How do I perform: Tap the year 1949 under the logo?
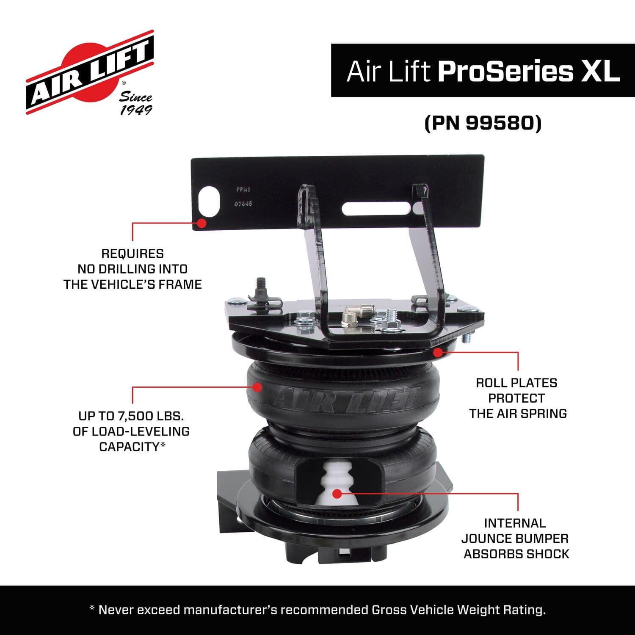tap(136, 110)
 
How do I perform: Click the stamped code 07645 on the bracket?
tap(243, 204)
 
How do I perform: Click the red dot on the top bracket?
tap(202, 223)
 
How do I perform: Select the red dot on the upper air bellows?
tap(257, 387)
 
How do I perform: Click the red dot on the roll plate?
tap(438, 352)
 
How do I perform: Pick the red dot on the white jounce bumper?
tap(337, 493)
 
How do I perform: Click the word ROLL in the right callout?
tap(493, 383)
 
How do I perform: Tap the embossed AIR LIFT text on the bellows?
tap(345, 399)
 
